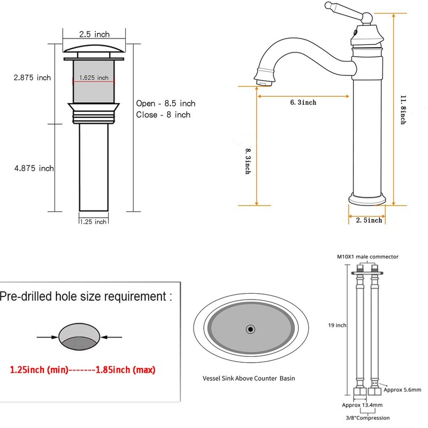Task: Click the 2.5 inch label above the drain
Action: click(94, 34)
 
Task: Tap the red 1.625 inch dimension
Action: click(94, 78)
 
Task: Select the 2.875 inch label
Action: click(32, 78)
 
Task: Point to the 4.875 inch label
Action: click(34, 168)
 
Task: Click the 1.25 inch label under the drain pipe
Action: click(93, 221)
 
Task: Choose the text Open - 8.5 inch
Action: click(165, 103)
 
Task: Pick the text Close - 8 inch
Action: click(163, 114)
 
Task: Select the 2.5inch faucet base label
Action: click(369, 220)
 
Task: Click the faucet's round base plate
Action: click(367, 199)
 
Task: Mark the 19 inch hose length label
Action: click(337, 325)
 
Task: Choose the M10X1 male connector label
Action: click(367, 257)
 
